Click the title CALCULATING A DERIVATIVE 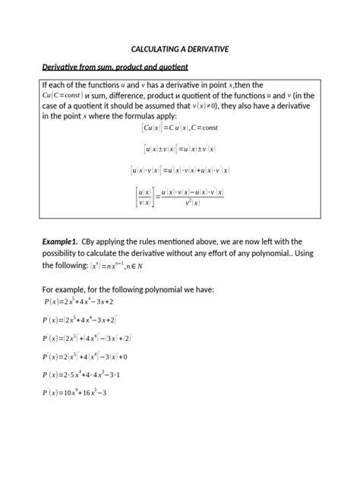[x=180, y=49]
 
